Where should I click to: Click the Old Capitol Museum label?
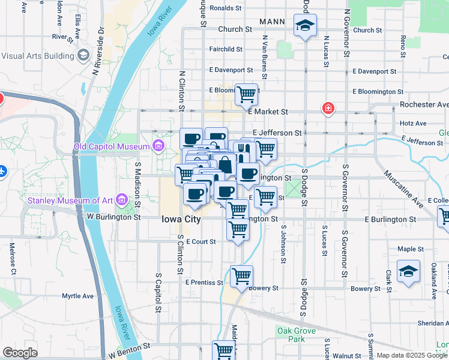[111, 147]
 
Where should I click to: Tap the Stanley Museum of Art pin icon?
[122, 199]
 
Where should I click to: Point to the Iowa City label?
[181, 220]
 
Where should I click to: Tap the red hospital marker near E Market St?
[328, 109]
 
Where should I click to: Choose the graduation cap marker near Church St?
[305, 26]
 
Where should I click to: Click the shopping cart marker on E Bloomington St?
[246, 94]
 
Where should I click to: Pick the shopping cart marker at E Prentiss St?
[241, 276]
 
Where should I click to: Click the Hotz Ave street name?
[412, 124]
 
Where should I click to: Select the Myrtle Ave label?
[78, 296]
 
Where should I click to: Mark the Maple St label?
[411, 249]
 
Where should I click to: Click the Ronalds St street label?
[225, 8]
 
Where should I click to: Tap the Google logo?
[20, 353]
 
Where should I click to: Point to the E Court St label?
[200, 242]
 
